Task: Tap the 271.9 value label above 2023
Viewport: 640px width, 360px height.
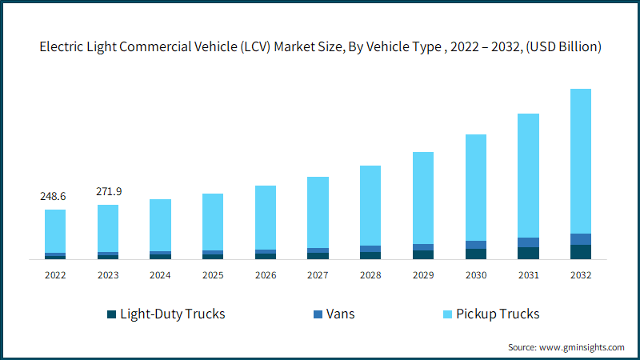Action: tap(108, 191)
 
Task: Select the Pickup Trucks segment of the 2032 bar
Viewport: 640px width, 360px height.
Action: tap(581, 161)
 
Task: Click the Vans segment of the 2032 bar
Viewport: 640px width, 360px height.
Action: tap(581, 239)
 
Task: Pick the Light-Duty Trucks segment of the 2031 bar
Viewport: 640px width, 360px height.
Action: tap(528, 253)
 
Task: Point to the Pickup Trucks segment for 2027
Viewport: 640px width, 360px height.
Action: tap(318, 212)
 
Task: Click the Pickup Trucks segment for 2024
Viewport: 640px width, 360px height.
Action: tap(160, 225)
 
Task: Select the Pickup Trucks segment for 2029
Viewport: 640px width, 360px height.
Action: tap(423, 198)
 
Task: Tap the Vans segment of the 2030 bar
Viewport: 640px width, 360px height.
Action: tap(476, 245)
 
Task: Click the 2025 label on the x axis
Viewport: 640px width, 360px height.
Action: tap(213, 274)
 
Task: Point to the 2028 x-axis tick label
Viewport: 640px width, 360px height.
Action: tap(370, 274)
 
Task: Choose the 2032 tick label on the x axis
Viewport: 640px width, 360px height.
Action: tap(581, 274)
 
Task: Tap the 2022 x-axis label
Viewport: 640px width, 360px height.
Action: tap(55, 274)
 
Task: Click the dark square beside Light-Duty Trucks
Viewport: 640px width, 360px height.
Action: tap(111, 314)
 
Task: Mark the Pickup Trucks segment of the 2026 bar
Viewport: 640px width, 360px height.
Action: tap(266, 218)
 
